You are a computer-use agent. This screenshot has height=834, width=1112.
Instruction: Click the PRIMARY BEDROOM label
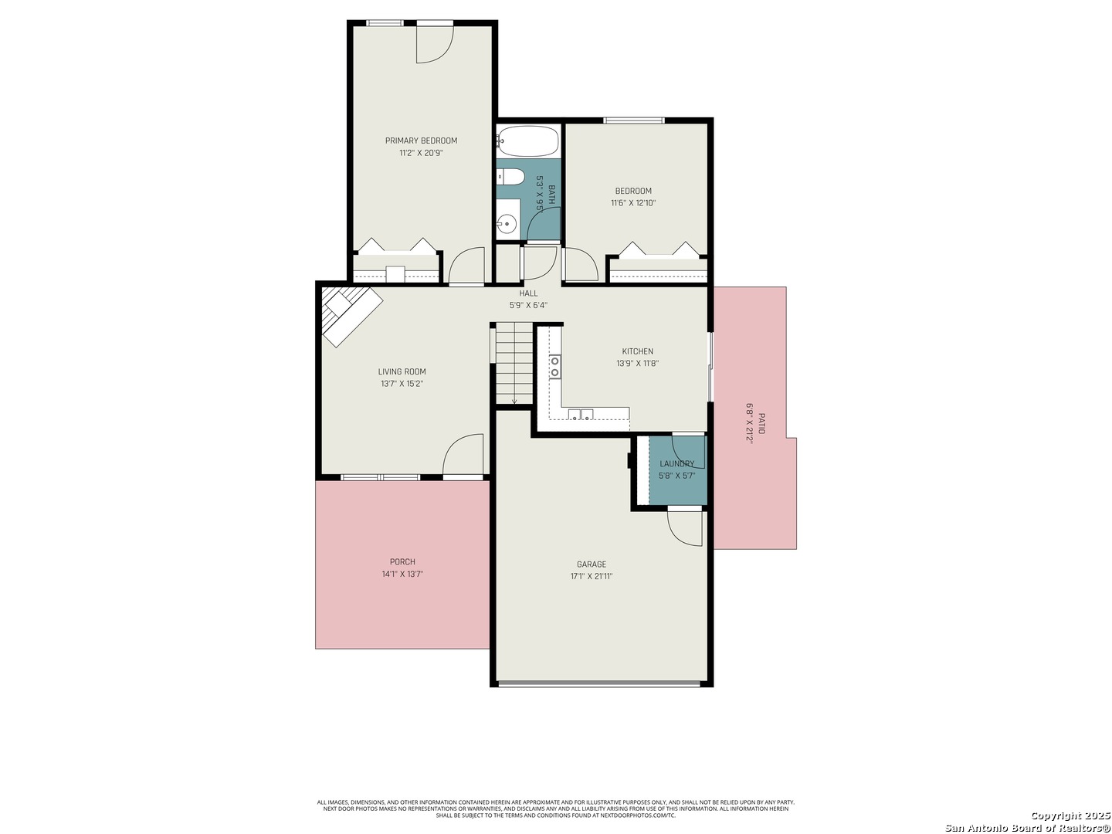[x=421, y=141]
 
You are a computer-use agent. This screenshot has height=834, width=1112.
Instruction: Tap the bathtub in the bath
[x=527, y=141]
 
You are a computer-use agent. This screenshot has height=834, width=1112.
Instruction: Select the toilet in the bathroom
[x=510, y=177]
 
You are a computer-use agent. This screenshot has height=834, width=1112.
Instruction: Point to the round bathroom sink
[x=507, y=224]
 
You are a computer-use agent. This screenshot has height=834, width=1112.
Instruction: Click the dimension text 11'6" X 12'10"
[x=633, y=203]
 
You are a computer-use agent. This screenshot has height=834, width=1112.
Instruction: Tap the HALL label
[x=528, y=293]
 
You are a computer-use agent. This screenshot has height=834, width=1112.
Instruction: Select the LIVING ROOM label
[x=402, y=371]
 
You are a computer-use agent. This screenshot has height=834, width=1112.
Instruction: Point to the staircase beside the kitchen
[x=514, y=363]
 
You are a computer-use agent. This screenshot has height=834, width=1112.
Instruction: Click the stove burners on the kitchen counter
[x=554, y=367]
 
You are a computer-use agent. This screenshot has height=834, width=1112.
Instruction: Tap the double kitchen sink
[x=581, y=415]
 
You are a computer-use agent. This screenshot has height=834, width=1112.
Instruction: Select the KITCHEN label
[x=637, y=351]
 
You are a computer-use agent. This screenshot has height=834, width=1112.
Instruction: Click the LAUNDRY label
[x=676, y=464]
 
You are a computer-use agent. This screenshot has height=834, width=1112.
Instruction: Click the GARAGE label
[x=591, y=564]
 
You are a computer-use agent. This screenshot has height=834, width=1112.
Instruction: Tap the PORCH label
[x=402, y=561]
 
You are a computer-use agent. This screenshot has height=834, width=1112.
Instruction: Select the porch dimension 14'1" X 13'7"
[x=402, y=575]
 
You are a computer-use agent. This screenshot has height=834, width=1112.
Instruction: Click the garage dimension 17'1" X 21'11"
[x=591, y=576]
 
